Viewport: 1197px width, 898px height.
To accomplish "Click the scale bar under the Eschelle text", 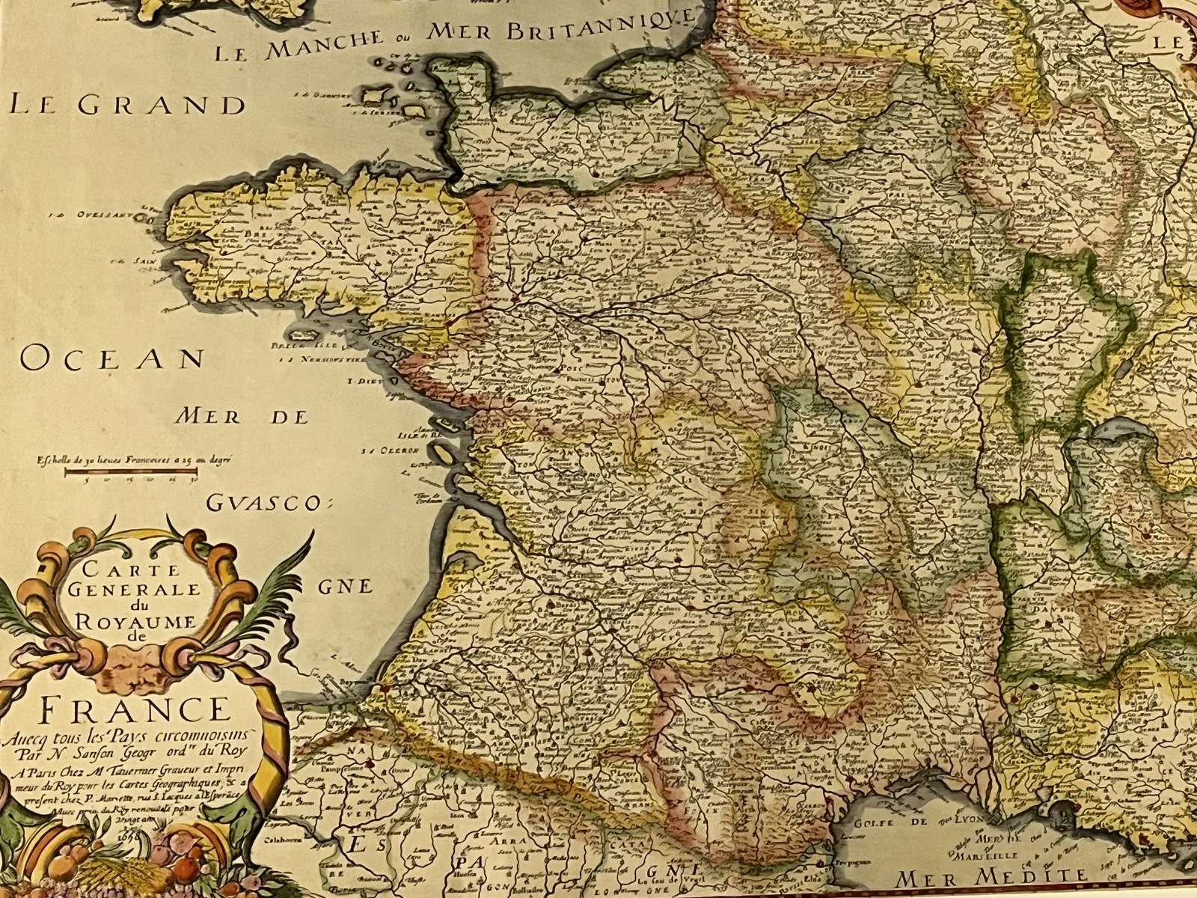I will pyautogui.click(x=132, y=472).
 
